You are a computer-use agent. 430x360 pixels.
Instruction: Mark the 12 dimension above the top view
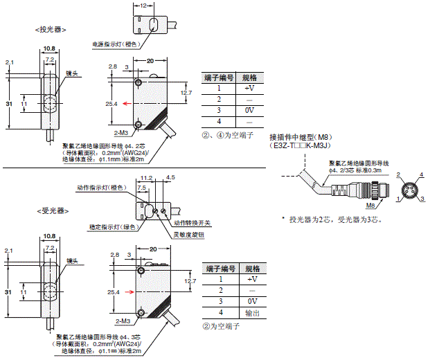tap(142, 6)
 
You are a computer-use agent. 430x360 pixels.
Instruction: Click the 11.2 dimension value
tap(146, 177)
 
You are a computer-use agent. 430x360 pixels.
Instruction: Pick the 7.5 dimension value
tap(141, 187)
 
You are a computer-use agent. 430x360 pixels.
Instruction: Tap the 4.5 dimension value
tap(171, 177)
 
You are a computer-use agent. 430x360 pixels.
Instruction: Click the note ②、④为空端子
tap(228, 135)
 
